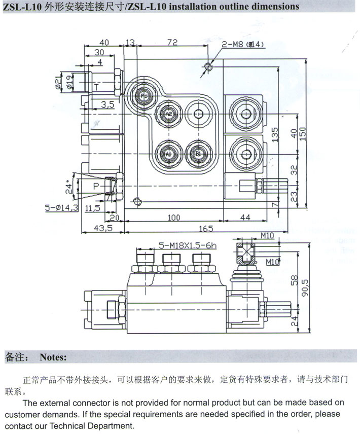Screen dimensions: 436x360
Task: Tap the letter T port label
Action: tap(96, 87)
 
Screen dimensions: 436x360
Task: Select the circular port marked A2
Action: tap(168, 115)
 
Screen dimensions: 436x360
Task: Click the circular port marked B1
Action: tap(197, 153)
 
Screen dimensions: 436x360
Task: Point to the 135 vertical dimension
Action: tap(275, 136)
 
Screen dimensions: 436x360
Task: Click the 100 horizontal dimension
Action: tap(174, 217)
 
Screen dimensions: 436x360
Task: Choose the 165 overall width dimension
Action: tap(204, 229)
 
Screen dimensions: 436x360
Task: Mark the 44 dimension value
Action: tap(245, 217)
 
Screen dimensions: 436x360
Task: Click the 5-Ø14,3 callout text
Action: tap(61, 208)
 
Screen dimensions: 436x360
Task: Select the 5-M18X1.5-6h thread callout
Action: tap(187, 245)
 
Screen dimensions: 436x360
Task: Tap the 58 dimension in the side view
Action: tap(293, 279)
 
